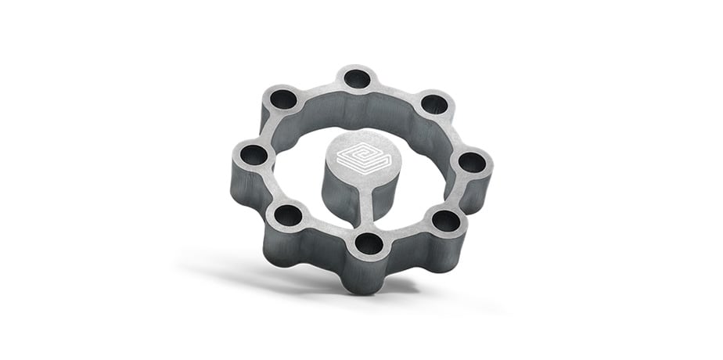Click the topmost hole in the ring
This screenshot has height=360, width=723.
[358, 78]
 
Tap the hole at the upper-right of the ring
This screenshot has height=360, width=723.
[434, 104]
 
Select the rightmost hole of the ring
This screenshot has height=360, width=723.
[471, 162]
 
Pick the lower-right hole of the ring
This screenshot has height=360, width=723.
[446, 221]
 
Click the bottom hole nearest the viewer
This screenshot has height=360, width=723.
[369, 244]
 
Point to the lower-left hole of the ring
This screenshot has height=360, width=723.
[289, 214]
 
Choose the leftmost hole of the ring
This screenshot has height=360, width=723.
[253, 154]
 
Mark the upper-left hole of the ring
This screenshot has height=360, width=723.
[282, 99]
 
